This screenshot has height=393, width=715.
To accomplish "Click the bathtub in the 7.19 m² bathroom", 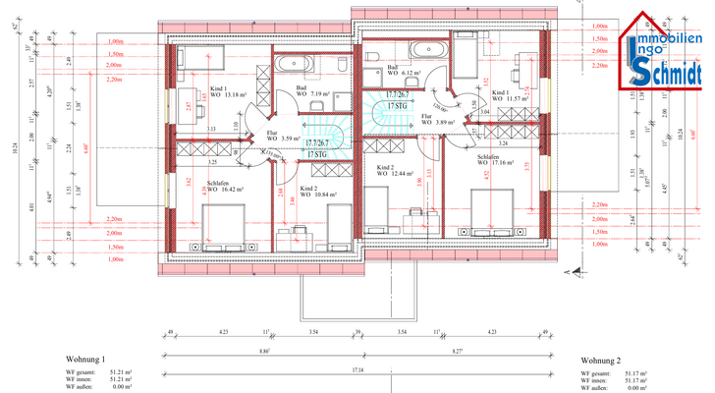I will (x=294, y=65).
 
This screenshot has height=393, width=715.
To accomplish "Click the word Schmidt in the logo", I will (x=667, y=72).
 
